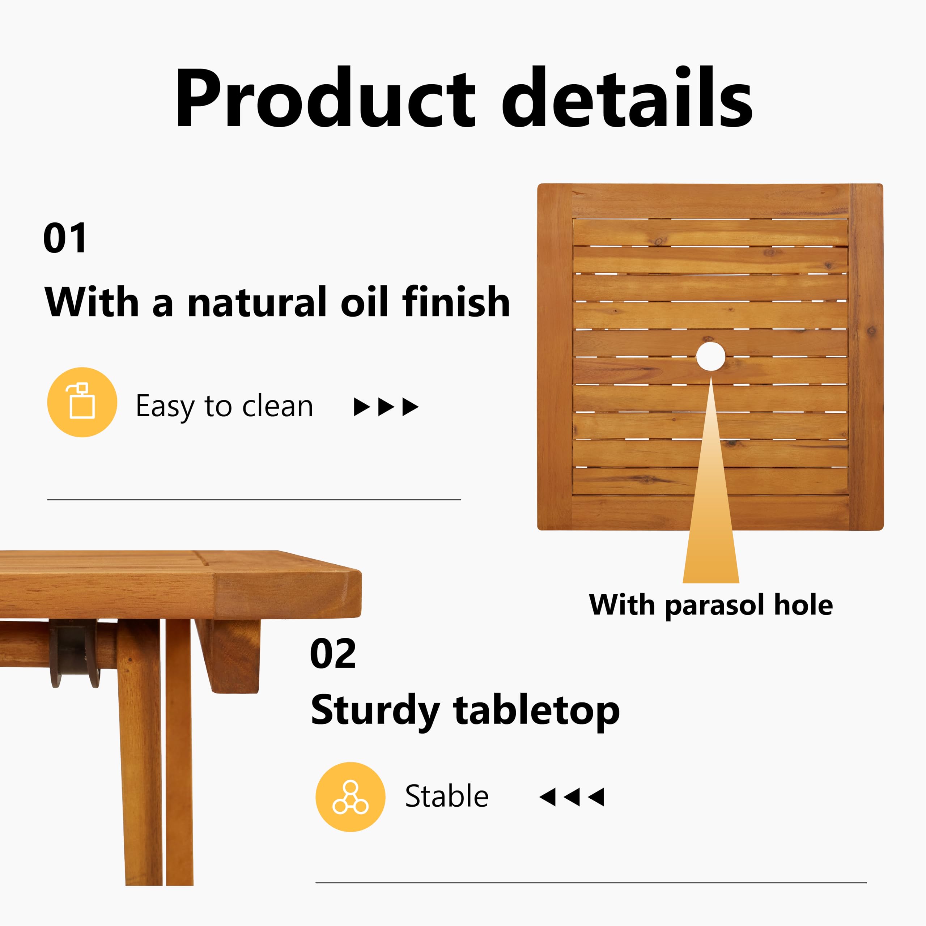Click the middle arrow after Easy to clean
[x=386, y=407]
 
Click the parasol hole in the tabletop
[x=710, y=356]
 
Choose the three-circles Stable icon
[x=351, y=797]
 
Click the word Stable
[x=447, y=796]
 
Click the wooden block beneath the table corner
[x=228, y=655]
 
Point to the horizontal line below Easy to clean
[x=254, y=500]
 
